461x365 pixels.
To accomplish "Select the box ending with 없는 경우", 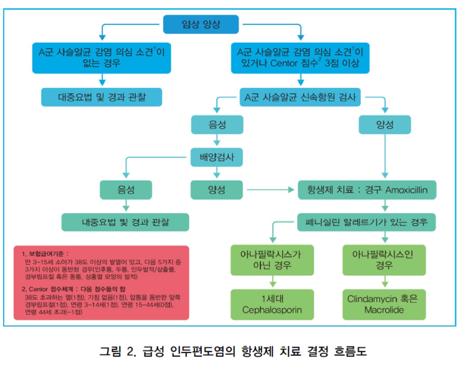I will pos(100,57).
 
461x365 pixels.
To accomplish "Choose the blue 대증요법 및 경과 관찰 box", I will pos(101,97).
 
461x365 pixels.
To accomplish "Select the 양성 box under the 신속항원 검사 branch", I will pos(384,125).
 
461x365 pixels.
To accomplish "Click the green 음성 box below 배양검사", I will pos(125,188).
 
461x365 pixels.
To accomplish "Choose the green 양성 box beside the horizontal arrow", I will pos(216,188).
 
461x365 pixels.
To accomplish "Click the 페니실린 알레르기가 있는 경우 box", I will pos(366,221).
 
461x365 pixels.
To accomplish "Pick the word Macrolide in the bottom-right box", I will pos(383,310).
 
